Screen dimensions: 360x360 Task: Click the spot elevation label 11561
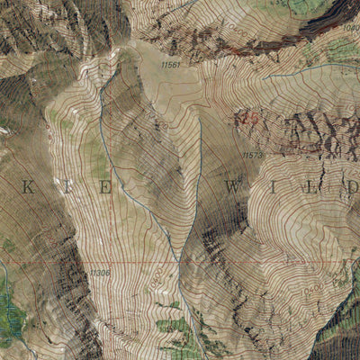[171, 65]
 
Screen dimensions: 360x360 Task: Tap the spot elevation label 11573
[253, 155]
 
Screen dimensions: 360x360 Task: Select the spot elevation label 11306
[99, 273]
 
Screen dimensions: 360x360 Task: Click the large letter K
[26, 187]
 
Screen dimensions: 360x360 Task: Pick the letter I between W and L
[274, 187]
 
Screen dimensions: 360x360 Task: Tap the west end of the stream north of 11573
[267, 76]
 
